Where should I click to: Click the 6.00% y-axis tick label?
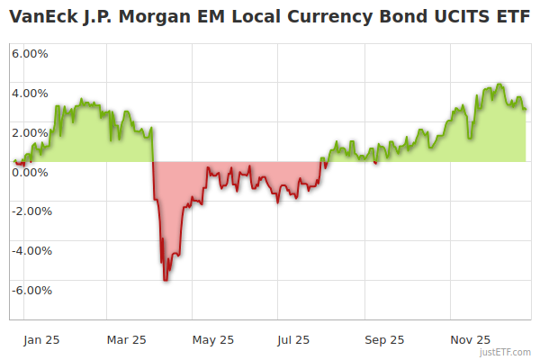tap(31, 53)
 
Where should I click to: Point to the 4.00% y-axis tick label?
tap(31, 93)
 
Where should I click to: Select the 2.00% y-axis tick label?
tap(31, 132)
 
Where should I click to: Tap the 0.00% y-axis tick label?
tap(31, 172)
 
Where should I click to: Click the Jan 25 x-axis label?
tap(41, 340)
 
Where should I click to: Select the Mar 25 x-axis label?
tap(126, 340)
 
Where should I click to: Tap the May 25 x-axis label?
tap(213, 340)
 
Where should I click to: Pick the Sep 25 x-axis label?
tap(384, 340)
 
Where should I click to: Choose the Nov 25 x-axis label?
tap(470, 340)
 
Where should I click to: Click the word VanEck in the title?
tap(40, 17)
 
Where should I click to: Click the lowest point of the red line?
tap(166, 280)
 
